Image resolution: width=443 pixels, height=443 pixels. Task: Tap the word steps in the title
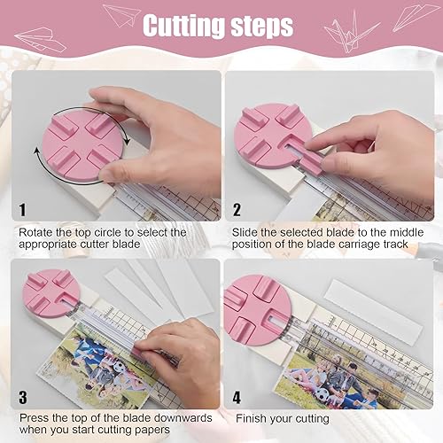(x=258, y=27)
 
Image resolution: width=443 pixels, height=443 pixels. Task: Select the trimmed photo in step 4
(x=315, y=381)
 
